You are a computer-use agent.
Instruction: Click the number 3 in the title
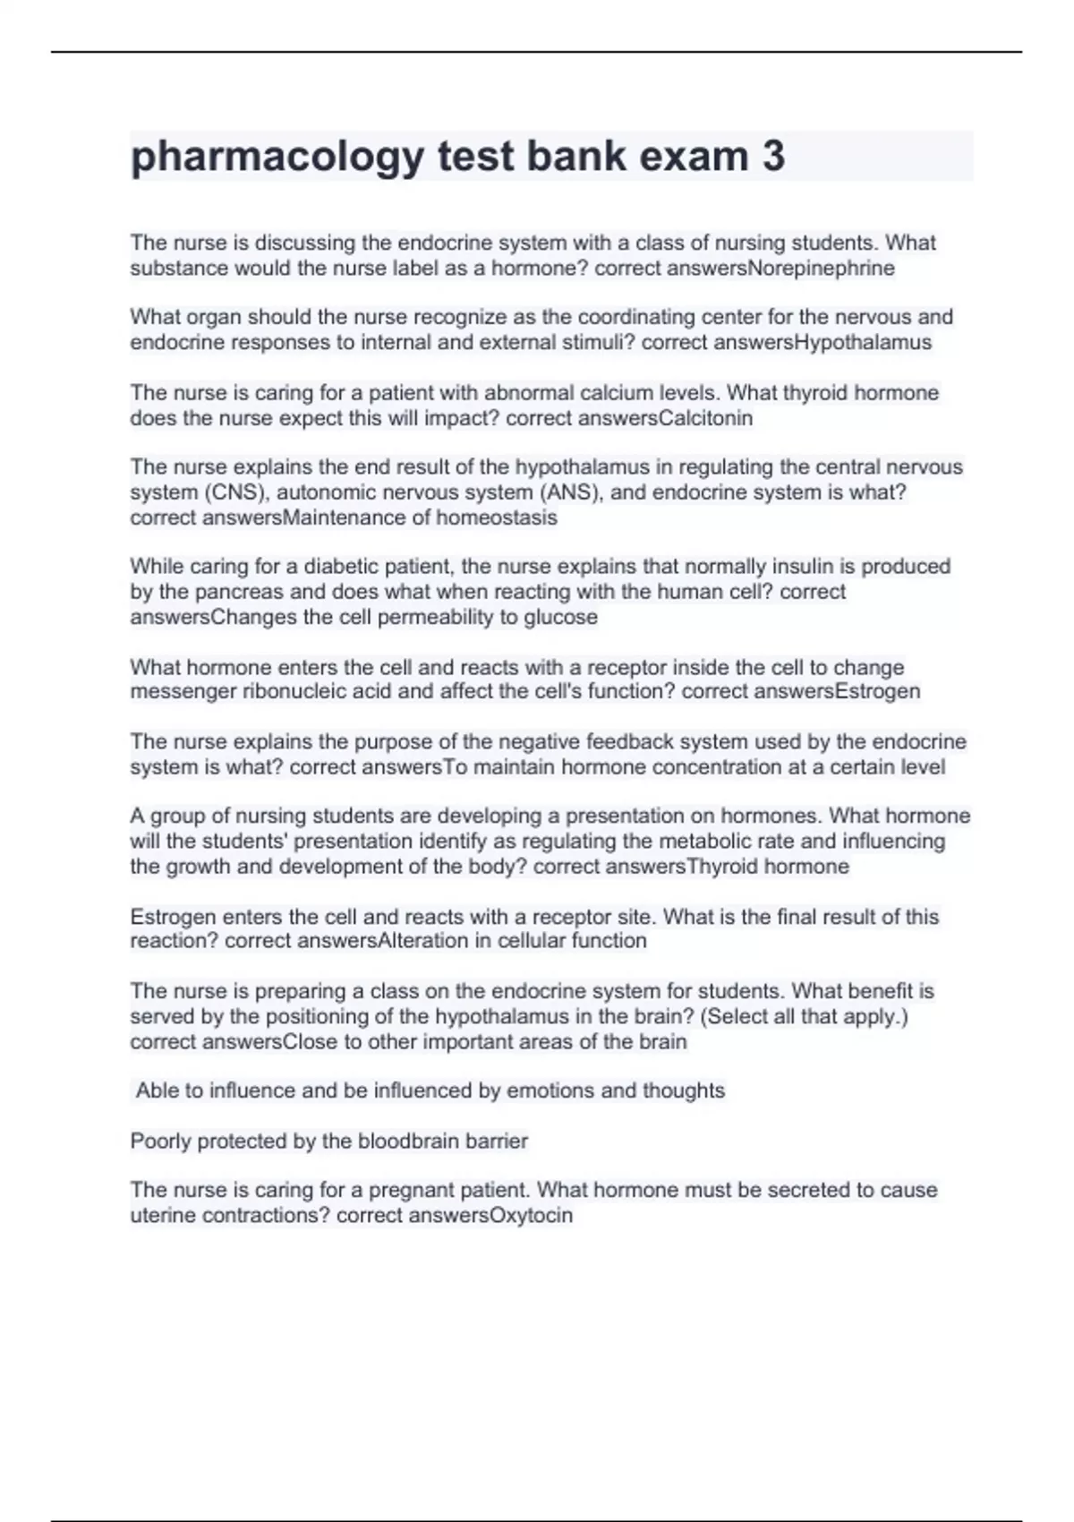coord(773,156)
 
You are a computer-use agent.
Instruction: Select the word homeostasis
coord(497,517)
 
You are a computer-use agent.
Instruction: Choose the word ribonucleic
coord(296,691)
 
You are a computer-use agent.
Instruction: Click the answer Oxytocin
coord(531,1215)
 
